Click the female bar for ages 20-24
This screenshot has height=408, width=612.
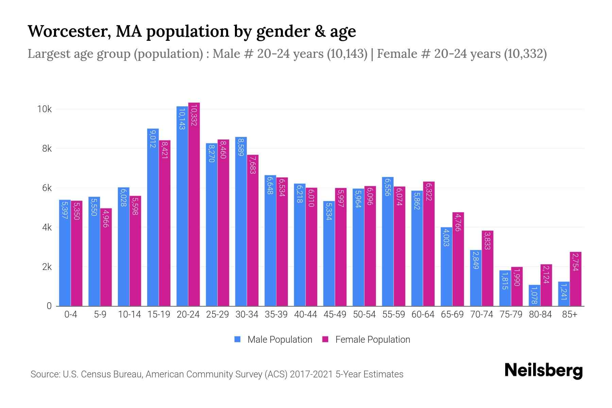[x=194, y=204]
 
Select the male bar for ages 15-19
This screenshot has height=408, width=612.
[x=153, y=218]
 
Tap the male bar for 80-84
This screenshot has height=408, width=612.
[x=534, y=295]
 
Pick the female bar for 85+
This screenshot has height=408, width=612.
[x=576, y=279]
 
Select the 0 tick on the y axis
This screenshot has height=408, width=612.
[x=49, y=306]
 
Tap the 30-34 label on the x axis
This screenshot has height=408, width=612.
[x=247, y=314]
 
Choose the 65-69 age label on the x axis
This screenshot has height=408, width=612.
[x=452, y=314]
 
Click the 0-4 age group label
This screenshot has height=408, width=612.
[x=71, y=314]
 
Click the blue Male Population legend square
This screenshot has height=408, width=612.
[x=238, y=339]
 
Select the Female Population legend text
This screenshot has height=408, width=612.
[x=373, y=339]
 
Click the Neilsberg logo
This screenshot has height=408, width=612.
[x=543, y=371]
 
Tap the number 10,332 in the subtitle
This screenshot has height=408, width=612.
[x=525, y=54]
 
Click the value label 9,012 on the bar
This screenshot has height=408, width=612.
[x=152, y=139]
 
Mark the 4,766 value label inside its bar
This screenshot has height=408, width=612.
[x=458, y=222]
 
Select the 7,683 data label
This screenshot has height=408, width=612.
[x=253, y=165]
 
